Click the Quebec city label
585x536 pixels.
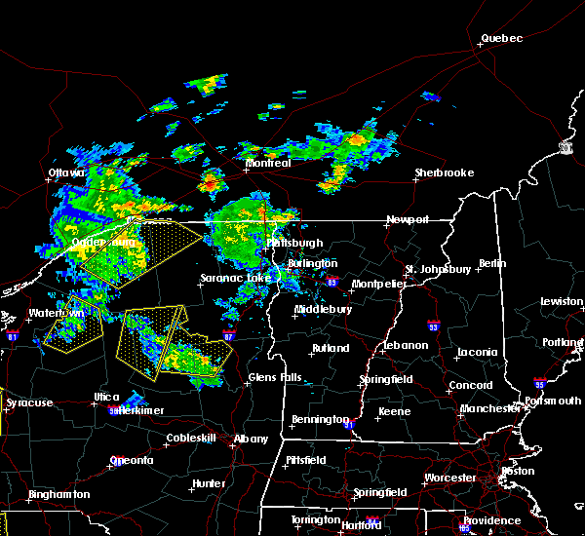[x=501, y=38]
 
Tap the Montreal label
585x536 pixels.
[x=267, y=163]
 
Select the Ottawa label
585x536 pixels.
[x=67, y=173]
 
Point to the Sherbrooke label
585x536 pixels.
[x=444, y=172]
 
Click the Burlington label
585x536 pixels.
[x=312, y=263]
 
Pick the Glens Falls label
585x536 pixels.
[x=275, y=377]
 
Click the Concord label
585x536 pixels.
[x=470, y=385]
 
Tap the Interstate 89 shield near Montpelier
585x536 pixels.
[x=332, y=284]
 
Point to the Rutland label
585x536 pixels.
[x=331, y=348]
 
